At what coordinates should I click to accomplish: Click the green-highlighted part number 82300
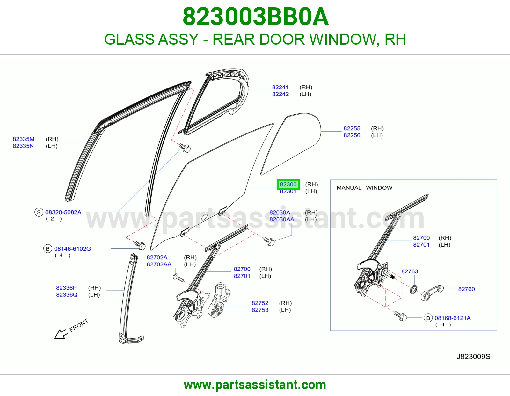[288, 184]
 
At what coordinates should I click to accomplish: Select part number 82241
[280, 87]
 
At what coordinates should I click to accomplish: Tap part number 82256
[352, 135]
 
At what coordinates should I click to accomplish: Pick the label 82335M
[24, 139]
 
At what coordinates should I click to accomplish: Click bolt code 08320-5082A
[63, 212]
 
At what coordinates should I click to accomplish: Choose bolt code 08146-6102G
[73, 249]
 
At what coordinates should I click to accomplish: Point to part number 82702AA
[159, 264]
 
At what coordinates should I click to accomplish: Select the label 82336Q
[67, 295]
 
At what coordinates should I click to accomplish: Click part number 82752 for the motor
[260, 303]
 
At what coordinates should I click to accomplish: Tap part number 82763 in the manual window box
[410, 271]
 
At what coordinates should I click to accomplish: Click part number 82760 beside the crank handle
[467, 289]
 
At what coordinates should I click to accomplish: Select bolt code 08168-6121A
[453, 318]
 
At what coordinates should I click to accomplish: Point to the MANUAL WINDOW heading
[364, 188]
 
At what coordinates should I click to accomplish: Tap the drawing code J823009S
[473, 357]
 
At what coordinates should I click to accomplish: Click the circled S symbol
[39, 212]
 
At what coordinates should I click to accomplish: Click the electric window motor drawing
[219, 300]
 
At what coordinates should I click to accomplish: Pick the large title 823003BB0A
[256, 17]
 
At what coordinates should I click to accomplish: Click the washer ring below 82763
[413, 289]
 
